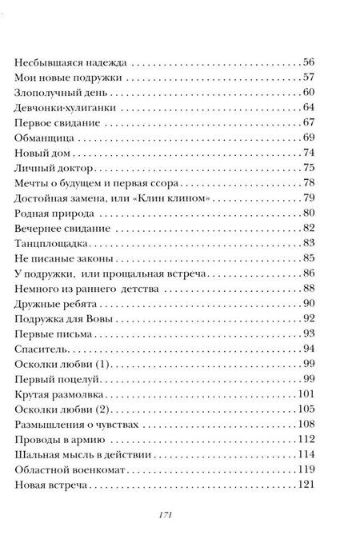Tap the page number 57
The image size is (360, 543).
(310, 78)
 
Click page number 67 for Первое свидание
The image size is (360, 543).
(310, 123)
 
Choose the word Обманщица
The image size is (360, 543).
(45, 138)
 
